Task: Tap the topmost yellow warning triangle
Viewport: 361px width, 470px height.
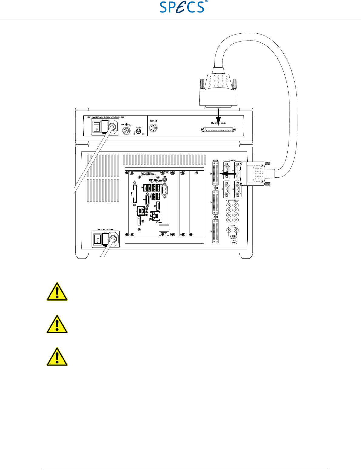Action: (57, 292)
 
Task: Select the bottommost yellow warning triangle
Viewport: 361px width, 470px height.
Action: (57, 357)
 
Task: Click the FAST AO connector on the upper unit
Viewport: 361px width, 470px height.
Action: (154, 128)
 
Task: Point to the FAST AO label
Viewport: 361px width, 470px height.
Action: (153, 121)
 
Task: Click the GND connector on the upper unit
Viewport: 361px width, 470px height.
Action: (126, 131)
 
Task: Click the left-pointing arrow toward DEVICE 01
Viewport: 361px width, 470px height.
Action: (227, 172)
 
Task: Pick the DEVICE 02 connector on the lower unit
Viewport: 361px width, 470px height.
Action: (215, 202)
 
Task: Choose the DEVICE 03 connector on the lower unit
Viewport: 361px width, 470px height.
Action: (215, 232)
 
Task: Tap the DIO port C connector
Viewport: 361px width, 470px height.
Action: (227, 189)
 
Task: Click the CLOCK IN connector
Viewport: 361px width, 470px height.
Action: (229, 231)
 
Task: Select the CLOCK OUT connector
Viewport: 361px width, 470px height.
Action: (236, 231)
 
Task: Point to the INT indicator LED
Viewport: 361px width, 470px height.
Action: (236, 243)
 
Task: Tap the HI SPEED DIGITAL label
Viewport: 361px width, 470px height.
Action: (232, 200)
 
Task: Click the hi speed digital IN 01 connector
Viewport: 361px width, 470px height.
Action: (229, 205)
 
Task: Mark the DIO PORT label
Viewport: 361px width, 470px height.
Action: (232, 160)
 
